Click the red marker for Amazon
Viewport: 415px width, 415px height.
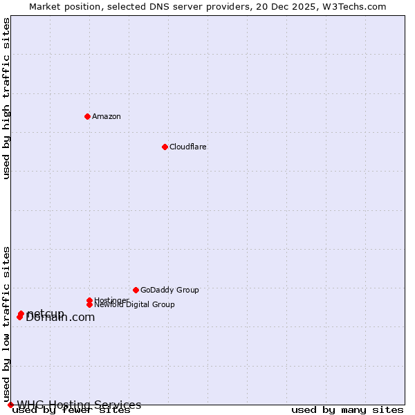[87, 116]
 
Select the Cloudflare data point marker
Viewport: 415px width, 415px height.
[165, 147]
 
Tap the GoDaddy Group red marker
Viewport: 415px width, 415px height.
[136, 290]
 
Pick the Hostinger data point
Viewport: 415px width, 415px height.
[89, 300]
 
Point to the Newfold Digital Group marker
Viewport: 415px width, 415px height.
[89, 304]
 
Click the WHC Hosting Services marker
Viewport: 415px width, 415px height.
[10, 405]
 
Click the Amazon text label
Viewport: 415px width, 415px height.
[107, 116]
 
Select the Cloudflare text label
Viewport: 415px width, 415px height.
[188, 147]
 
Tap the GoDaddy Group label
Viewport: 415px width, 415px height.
[169, 290]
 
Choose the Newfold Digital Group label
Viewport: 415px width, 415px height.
[135, 305]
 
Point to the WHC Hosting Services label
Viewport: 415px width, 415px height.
[79, 405]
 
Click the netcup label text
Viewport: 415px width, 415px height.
[46, 313]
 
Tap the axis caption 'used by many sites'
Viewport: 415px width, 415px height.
[347, 410]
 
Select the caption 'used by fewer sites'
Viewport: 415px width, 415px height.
[71, 410]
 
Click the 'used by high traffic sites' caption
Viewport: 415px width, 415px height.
[7, 98]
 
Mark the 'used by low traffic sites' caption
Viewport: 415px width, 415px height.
[7, 324]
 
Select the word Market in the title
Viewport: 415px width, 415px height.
[45, 6]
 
